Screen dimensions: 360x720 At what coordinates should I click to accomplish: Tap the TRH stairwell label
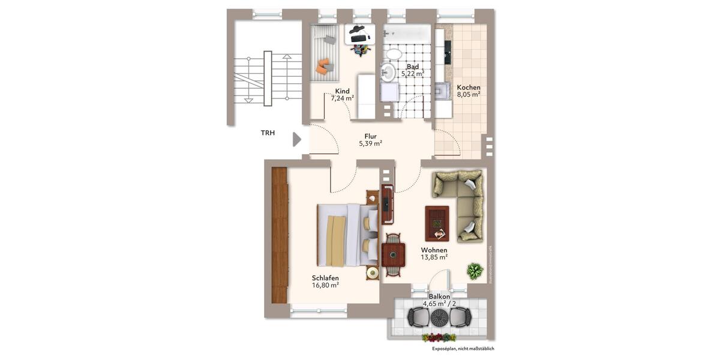268,133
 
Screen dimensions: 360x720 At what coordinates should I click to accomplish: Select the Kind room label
342,91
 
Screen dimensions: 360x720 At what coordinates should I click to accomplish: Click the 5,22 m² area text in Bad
413,74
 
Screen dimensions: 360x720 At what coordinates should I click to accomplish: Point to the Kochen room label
468,87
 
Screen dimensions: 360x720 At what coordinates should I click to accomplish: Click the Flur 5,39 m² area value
370,144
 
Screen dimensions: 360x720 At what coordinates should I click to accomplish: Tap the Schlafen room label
325,278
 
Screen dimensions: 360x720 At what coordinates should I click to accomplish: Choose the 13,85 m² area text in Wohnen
434,257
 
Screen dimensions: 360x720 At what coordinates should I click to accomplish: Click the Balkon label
440,297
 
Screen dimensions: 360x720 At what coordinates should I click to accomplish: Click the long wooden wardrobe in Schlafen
280,235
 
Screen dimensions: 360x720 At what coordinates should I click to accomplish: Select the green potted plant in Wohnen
475,271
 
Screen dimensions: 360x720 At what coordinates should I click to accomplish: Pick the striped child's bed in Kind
325,53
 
